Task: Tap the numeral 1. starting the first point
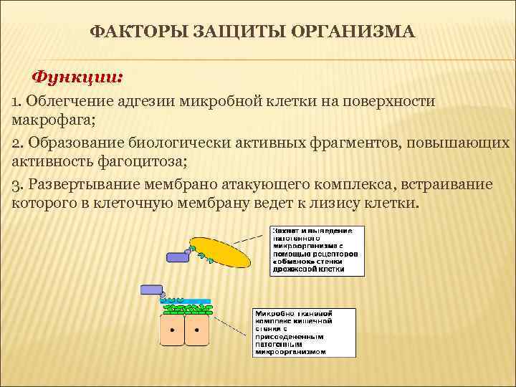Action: [17, 101]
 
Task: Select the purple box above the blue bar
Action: [151, 290]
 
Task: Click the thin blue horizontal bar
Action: [188, 301]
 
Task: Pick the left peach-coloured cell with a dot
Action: [172, 331]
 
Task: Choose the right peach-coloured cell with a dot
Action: [196, 331]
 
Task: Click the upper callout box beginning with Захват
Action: [316, 251]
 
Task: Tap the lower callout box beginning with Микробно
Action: [304, 332]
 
